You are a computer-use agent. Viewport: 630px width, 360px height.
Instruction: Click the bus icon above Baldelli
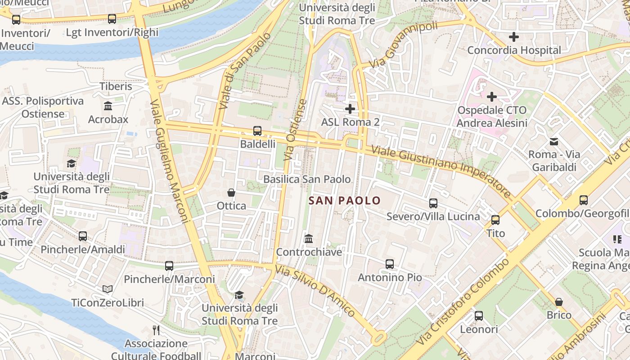[257, 131]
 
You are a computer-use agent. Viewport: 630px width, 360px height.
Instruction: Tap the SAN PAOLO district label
[345, 201]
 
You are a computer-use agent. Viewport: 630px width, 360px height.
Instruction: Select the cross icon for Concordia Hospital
[513, 37]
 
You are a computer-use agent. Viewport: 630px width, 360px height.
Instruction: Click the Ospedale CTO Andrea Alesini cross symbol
[492, 96]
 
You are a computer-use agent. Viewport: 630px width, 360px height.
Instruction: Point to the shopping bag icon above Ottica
[231, 193]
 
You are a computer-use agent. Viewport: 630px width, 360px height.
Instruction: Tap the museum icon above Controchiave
[309, 238]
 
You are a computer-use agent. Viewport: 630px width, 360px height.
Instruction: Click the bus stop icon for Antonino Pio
[390, 264]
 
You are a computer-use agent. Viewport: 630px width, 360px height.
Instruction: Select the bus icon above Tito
[495, 220]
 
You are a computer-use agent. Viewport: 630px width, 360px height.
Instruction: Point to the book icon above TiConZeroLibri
[107, 289]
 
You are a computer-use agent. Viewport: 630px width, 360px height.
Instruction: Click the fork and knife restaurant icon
[156, 330]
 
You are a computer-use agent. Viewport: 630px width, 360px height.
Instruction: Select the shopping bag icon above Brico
[559, 301]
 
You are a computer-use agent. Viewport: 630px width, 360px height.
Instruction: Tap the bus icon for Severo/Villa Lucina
[433, 203]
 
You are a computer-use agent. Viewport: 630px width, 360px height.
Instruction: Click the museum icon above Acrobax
[108, 106]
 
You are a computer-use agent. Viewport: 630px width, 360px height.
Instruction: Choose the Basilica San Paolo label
[307, 179]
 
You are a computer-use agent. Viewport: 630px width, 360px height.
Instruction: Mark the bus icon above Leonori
[479, 316]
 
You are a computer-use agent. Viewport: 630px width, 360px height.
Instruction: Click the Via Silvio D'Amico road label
[315, 290]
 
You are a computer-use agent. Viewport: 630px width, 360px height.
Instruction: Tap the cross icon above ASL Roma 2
[350, 108]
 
